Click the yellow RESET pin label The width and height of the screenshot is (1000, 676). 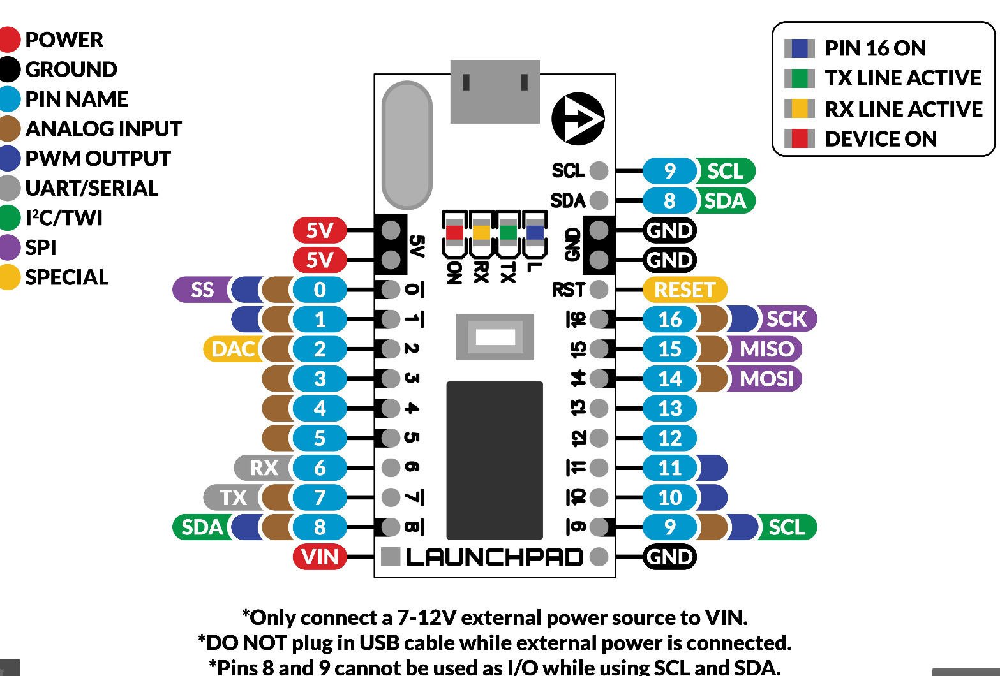684,290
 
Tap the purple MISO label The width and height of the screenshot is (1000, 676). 766,349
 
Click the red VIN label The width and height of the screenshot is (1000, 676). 320,557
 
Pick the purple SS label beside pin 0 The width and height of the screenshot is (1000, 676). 202,290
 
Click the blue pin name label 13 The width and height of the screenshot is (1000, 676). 669,408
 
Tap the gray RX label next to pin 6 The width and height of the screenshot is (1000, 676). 263,467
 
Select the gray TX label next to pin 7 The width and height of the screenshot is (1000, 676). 233,497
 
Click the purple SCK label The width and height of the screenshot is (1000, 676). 786,319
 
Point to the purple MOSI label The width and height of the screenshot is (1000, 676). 766,379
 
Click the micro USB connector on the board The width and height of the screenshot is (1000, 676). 495,92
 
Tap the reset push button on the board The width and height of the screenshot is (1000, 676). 495,337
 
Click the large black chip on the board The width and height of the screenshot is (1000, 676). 495,460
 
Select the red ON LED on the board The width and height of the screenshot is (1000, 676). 454,231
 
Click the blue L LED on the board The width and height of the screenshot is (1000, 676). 535,231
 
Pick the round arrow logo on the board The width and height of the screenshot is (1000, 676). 578,119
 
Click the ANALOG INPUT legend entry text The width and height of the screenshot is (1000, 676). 103,129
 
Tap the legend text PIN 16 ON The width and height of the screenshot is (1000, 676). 875,48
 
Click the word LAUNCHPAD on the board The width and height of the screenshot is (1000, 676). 495,557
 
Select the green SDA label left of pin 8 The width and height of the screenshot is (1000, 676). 202,527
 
